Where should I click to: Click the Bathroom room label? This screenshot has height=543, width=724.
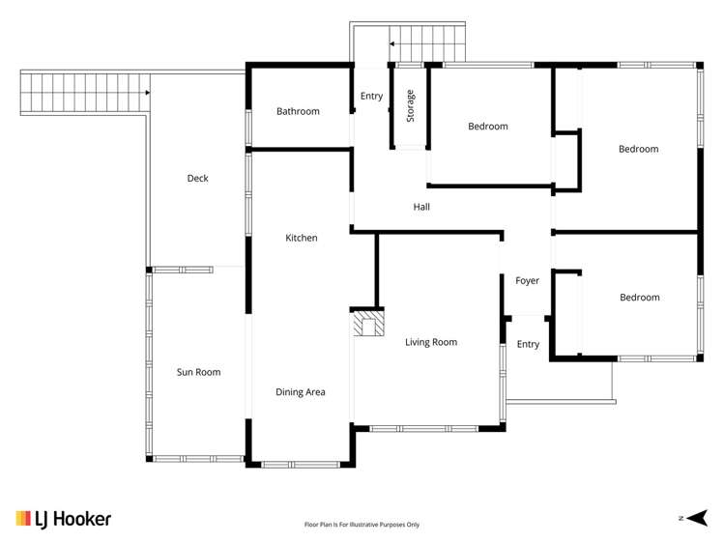point(298,112)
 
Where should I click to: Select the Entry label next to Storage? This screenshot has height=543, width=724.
point(371,97)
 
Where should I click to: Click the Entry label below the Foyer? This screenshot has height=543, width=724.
point(528,345)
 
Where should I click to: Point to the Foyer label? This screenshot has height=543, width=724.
point(527,281)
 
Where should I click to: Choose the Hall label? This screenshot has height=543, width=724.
point(421,207)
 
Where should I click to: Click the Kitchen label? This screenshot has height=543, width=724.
point(301,238)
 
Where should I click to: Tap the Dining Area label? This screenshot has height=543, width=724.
point(301,392)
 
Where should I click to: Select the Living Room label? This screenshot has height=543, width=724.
point(431,342)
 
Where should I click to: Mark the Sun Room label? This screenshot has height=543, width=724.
point(198,372)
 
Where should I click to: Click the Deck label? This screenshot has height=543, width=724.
point(197,179)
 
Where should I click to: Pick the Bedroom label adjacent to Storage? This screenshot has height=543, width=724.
point(488,127)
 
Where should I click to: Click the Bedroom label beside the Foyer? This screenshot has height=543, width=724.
point(639,298)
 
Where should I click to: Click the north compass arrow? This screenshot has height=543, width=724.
point(699,518)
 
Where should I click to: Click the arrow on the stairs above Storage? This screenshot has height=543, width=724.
point(393,43)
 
